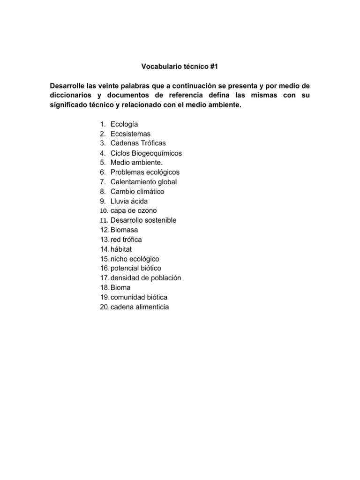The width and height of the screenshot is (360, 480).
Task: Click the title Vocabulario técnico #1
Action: [x=180, y=67]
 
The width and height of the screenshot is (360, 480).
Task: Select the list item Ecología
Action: [x=124, y=124]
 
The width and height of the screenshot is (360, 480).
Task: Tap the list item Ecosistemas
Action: [x=130, y=134]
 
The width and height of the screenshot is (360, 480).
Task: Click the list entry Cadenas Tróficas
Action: [x=138, y=143]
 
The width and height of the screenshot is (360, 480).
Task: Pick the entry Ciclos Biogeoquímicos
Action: [x=146, y=153]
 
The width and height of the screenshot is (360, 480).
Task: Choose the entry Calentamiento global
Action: [x=143, y=182]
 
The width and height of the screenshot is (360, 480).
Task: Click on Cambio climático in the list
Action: [x=137, y=192]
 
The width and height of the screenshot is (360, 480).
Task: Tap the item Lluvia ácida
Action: [x=129, y=201]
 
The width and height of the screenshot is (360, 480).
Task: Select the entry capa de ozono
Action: [x=134, y=211]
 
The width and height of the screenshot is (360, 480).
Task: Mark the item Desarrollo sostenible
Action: [x=143, y=220]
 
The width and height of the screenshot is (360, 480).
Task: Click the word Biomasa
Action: [x=124, y=230]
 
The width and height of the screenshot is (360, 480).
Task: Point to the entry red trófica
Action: [x=126, y=240]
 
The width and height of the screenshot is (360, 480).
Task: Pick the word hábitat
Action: [x=121, y=249]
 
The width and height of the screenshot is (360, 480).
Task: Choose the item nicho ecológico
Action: [x=135, y=259]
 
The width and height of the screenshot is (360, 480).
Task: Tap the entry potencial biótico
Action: [x=136, y=269]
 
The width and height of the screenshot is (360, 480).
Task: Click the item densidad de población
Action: [x=146, y=278]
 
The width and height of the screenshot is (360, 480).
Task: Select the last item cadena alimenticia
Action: [x=139, y=307]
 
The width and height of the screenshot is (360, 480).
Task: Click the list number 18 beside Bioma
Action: [x=104, y=288]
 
